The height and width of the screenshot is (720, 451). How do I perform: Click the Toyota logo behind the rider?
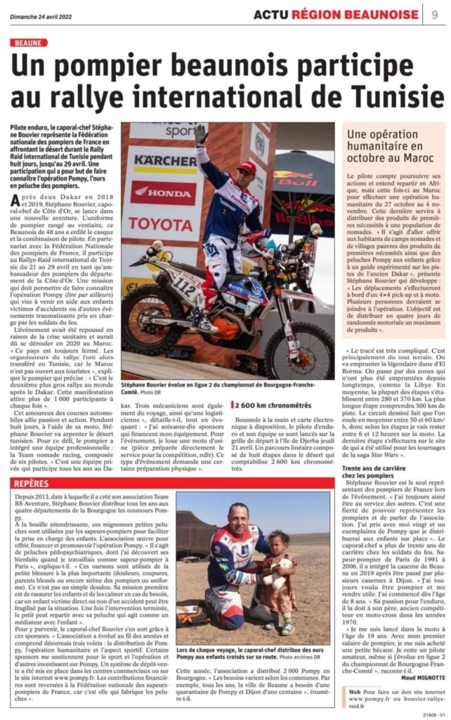[x=161, y=223]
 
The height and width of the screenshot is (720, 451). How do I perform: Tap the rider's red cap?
[x=247, y=167]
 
